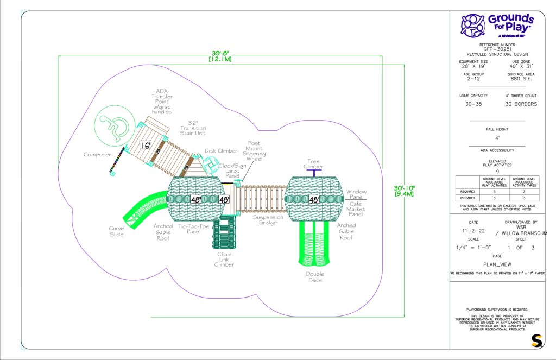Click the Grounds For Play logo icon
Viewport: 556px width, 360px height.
point(473,25)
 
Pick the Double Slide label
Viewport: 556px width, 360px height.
point(314,277)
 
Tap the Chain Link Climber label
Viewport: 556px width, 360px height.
point(224,259)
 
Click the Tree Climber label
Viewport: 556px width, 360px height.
point(314,163)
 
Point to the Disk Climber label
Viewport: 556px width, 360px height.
point(221,151)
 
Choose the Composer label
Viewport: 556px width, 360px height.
point(98,155)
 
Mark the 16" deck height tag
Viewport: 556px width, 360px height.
point(145,145)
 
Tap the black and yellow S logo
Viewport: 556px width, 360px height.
point(536,341)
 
